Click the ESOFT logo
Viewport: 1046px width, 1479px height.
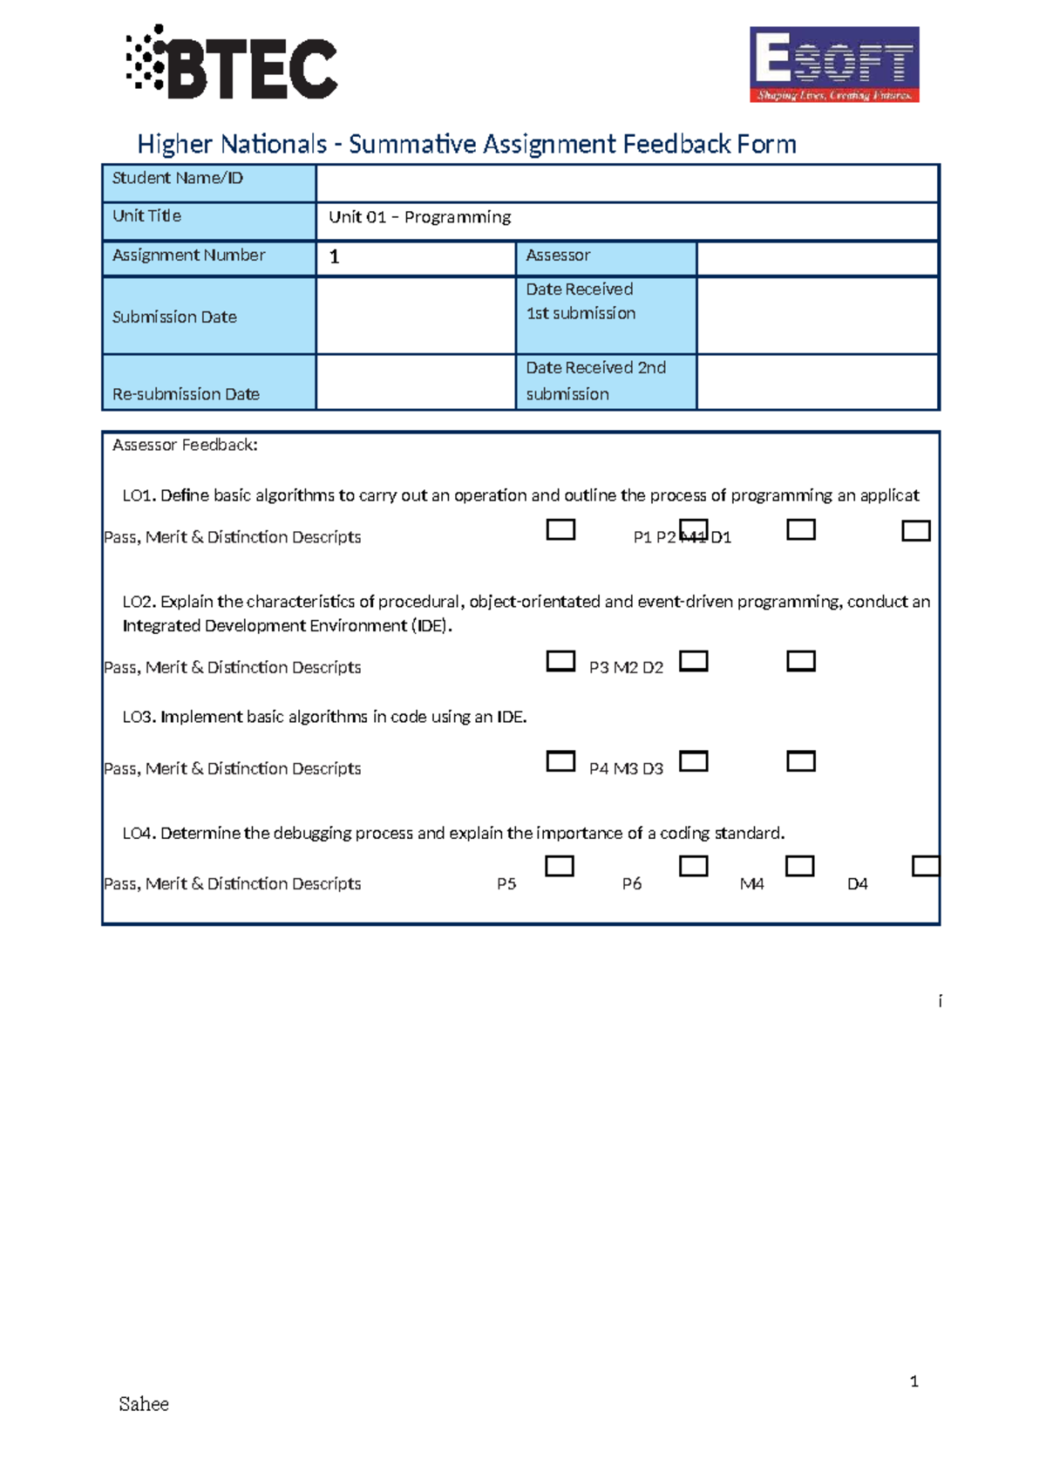[x=834, y=65]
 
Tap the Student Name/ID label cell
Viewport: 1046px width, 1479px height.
[x=209, y=182]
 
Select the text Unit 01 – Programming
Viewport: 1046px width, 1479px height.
[x=419, y=217]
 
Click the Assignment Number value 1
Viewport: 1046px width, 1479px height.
[x=334, y=257]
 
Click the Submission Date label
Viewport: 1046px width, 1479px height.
[x=174, y=317]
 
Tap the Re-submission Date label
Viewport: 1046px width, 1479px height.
[x=186, y=394]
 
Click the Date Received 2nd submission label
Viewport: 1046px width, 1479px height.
[x=596, y=381]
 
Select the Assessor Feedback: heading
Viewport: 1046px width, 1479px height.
[x=185, y=446]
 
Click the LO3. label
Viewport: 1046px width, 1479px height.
[x=139, y=718]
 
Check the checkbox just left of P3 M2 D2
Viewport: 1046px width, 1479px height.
[x=560, y=661]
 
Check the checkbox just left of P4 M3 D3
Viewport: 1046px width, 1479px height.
[x=560, y=761]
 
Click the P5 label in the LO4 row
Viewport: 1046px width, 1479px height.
[x=506, y=884]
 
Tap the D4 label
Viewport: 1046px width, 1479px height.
[x=858, y=884]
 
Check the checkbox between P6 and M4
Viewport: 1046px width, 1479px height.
[x=694, y=866]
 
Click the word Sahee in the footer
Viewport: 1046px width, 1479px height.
[x=144, y=1404]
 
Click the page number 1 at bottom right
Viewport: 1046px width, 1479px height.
[x=914, y=1381]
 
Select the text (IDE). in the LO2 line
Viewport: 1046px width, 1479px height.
[x=431, y=626]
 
